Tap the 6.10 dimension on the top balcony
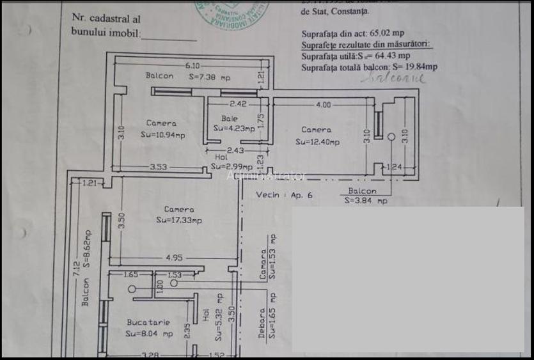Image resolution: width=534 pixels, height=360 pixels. tap(192, 65)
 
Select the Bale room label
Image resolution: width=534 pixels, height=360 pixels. tap(230, 118)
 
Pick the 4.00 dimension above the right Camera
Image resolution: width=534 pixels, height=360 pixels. tap(323, 105)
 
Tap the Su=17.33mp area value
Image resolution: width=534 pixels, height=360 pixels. tap(179, 220)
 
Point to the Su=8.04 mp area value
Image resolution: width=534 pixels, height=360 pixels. tap(149, 334)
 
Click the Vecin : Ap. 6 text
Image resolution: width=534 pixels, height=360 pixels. tap(284, 195)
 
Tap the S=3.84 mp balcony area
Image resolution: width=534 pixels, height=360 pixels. tap(365, 200)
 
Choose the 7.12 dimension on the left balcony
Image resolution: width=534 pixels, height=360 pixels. tap(76, 267)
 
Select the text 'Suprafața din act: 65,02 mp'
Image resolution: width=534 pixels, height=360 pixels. tap(352, 33)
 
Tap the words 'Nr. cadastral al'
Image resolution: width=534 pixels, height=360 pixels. tap(106, 20)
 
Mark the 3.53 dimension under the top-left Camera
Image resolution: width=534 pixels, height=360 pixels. tap(159, 168)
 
